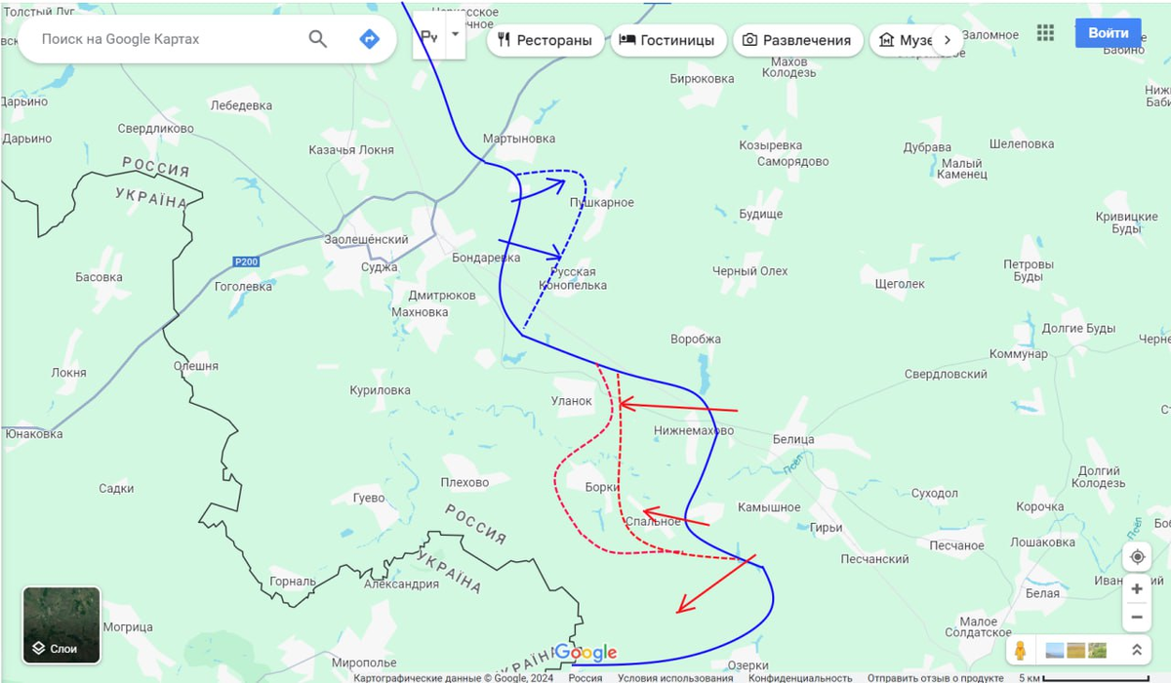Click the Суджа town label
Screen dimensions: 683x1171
point(379,266)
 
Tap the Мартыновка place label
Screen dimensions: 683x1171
point(518,139)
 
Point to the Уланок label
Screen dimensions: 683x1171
point(572,400)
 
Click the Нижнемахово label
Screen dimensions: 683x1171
point(694,430)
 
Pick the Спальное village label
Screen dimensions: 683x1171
point(653,522)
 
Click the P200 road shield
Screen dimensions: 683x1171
point(246,261)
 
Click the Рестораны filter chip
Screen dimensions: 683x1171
point(545,40)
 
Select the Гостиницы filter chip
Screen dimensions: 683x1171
point(668,40)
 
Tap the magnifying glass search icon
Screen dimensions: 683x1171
point(318,39)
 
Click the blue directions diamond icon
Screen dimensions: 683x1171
point(369,39)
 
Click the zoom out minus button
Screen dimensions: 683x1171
point(1137,617)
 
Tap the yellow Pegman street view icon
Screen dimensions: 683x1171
point(1021,649)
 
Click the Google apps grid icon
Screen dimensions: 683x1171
point(1045,33)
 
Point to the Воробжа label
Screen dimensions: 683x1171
point(696,340)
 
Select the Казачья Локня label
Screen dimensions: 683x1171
point(351,149)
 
